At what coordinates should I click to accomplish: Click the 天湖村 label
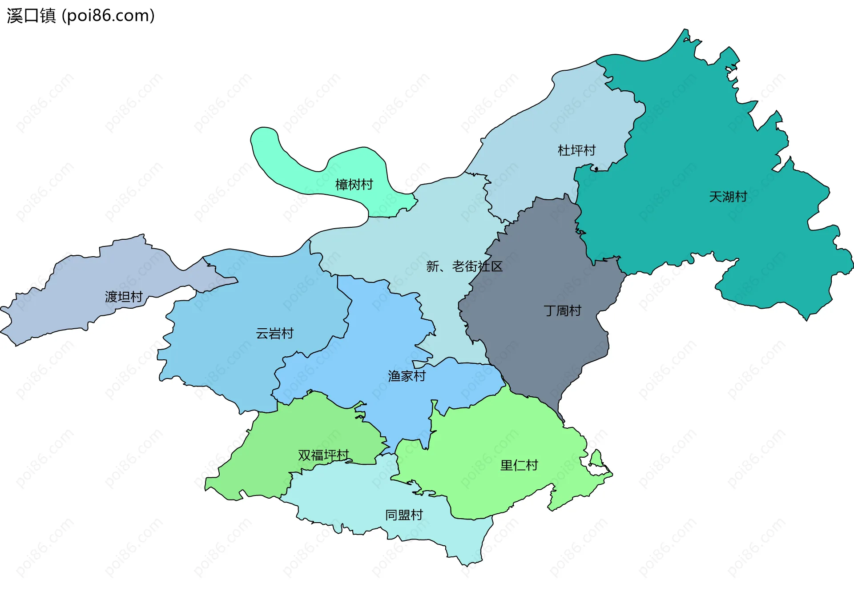tap(728, 197)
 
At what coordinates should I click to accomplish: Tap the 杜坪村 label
tap(576, 150)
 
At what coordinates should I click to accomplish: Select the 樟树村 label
tap(354, 185)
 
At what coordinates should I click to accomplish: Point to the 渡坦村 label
tap(124, 297)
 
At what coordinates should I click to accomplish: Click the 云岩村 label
tap(274, 333)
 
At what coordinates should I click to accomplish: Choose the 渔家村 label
tap(407, 376)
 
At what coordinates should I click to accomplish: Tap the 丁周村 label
tap(562, 310)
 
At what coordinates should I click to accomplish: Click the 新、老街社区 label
tap(464, 266)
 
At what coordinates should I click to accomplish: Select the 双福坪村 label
tap(323, 455)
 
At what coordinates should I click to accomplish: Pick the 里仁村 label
tap(519, 465)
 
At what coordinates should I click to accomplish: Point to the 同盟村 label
tap(404, 515)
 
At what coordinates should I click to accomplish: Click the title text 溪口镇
tap(31, 16)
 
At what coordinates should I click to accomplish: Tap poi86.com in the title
tap(108, 16)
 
